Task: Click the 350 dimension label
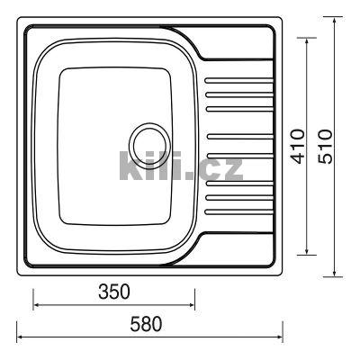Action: point(114,292)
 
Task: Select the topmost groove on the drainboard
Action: point(238,81)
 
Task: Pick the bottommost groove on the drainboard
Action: point(238,212)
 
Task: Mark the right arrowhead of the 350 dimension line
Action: point(193,305)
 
